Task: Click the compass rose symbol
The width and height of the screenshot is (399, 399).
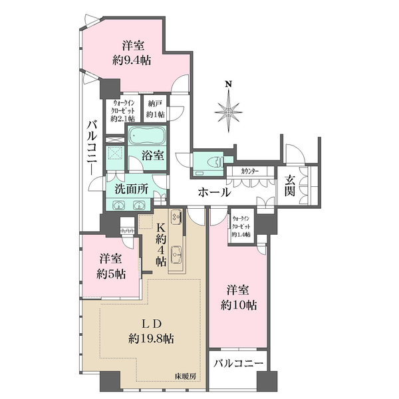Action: click(x=229, y=112)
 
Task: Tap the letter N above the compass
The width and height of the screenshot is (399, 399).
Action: click(x=229, y=84)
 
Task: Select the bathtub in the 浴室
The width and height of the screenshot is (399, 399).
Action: click(x=147, y=136)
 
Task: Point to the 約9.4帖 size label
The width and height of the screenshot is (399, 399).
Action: click(x=132, y=61)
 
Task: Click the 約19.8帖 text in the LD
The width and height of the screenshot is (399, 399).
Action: click(x=151, y=338)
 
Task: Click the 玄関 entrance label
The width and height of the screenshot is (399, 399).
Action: click(x=290, y=186)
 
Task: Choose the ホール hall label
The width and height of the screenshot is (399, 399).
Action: click(x=214, y=192)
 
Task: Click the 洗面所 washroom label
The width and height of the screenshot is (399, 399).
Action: click(x=131, y=190)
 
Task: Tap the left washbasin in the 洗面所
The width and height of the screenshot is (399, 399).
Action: click(x=119, y=205)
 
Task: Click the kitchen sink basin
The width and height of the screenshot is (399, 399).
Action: click(x=176, y=253)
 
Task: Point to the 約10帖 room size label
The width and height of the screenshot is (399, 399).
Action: click(x=239, y=305)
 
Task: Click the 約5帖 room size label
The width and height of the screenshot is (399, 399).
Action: click(x=111, y=274)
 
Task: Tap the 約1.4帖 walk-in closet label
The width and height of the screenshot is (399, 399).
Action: click(x=241, y=234)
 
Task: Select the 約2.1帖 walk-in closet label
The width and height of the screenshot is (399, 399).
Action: click(x=122, y=118)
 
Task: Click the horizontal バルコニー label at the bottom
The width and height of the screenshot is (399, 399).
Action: click(x=238, y=363)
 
